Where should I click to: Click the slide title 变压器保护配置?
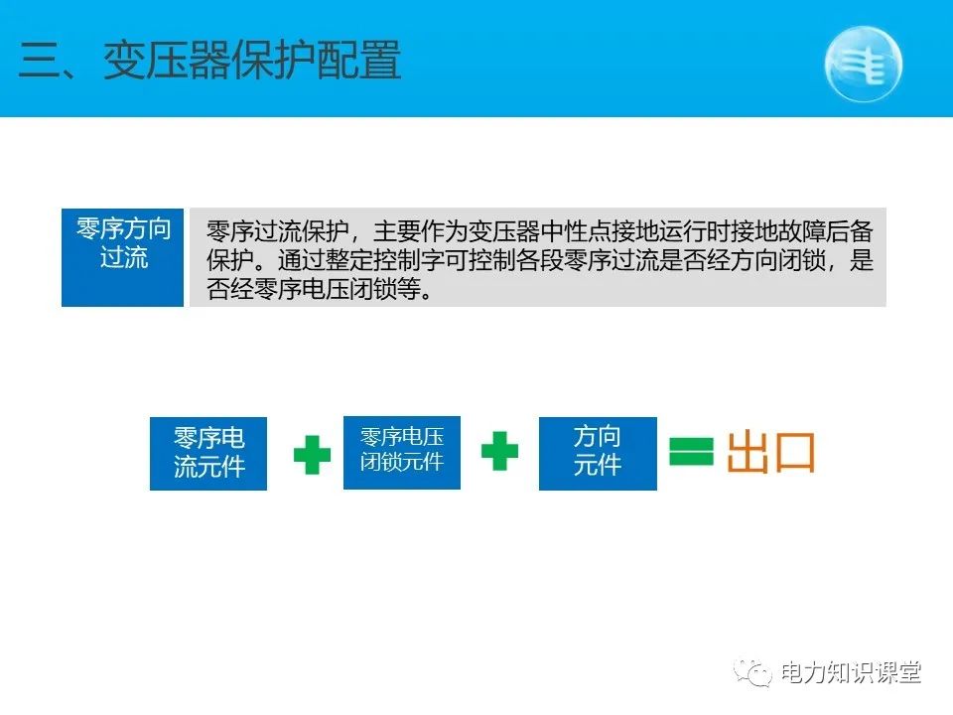pos(252,61)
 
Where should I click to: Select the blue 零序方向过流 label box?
pos(123,256)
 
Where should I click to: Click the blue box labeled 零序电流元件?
pos(208,453)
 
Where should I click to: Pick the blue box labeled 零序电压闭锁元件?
pos(402,452)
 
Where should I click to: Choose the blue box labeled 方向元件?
pos(598,453)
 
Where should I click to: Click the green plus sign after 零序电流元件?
pos(312,455)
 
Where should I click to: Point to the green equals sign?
pos(691,453)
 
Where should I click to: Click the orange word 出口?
pos(771,453)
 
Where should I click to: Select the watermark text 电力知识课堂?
pos(851,672)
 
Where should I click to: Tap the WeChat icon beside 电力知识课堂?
pos(753,672)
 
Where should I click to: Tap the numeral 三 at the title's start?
pos(40,62)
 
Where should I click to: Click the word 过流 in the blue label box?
pos(123,258)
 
